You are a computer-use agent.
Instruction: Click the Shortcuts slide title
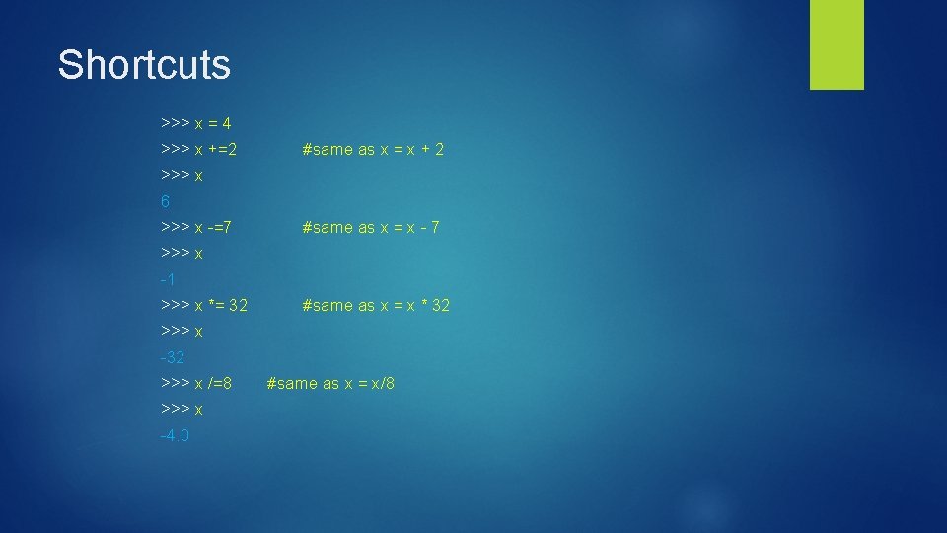pyautogui.click(x=144, y=65)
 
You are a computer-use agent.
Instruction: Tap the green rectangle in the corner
pyautogui.click(x=837, y=43)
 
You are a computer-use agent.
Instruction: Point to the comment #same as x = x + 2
pyautogui.click(x=373, y=150)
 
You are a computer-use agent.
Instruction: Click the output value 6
pyautogui.click(x=165, y=201)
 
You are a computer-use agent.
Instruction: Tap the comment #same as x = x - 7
pyautogui.click(x=371, y=227)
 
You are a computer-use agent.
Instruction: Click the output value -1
pyautogui.click(x=167, y=279)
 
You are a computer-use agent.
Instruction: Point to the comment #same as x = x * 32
pyautogui.click(x=376, y=305)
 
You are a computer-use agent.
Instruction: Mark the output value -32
pyautogui.click(x=172, y=356)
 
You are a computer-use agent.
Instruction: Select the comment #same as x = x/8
pyautogui.click(x=330, y=383)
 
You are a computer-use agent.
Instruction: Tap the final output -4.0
pyautogui.click(x=174, y=434)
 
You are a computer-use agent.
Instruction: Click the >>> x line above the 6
pyautogui.click(x=182, y=176)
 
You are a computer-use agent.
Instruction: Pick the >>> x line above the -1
pyautogui.click(x=182, y=254)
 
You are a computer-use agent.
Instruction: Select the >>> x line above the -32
pyautogui.click(x=182, y=331)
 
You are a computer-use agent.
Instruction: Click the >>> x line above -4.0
pyautogui.click(x=182, y=409)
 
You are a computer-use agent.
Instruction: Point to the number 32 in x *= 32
pyautogui.click(x=238, y=305)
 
